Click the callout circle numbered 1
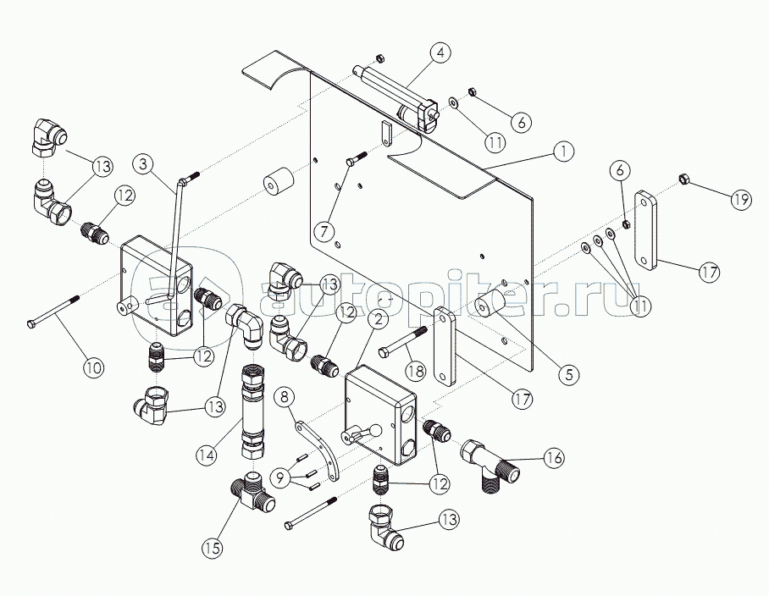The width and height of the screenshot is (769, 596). (564, 152)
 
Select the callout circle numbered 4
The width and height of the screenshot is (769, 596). (441, 52)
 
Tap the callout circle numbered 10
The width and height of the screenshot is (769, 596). (94, 366)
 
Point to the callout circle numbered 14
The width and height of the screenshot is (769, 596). (207, 455)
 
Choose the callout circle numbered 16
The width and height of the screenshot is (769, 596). (554, 457)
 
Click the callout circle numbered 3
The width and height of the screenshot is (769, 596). (143, 163)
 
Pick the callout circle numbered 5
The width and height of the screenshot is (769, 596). (568, 374)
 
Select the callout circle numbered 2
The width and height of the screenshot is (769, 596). (378, 320)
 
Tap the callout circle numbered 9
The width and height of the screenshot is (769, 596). (280, 477)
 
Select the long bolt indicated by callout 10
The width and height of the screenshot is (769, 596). (54, 311)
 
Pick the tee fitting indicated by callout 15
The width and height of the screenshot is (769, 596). (252, 494)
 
